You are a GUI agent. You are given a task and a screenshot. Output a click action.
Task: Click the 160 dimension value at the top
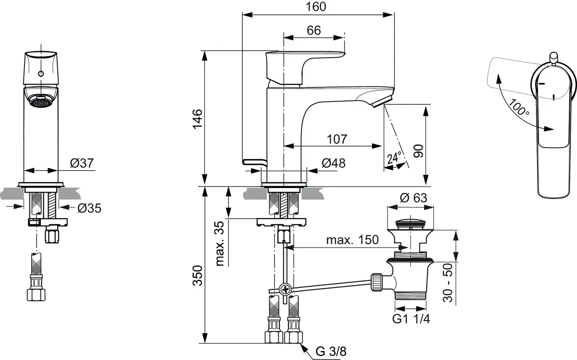coord(316,7)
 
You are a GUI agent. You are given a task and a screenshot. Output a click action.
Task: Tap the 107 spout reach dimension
coord(337,139)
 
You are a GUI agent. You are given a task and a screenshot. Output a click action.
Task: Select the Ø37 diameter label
coord(81,163)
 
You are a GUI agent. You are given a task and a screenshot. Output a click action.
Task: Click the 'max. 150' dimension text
coord(352,239)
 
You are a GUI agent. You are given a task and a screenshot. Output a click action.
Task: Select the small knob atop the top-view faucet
coord(553,56)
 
